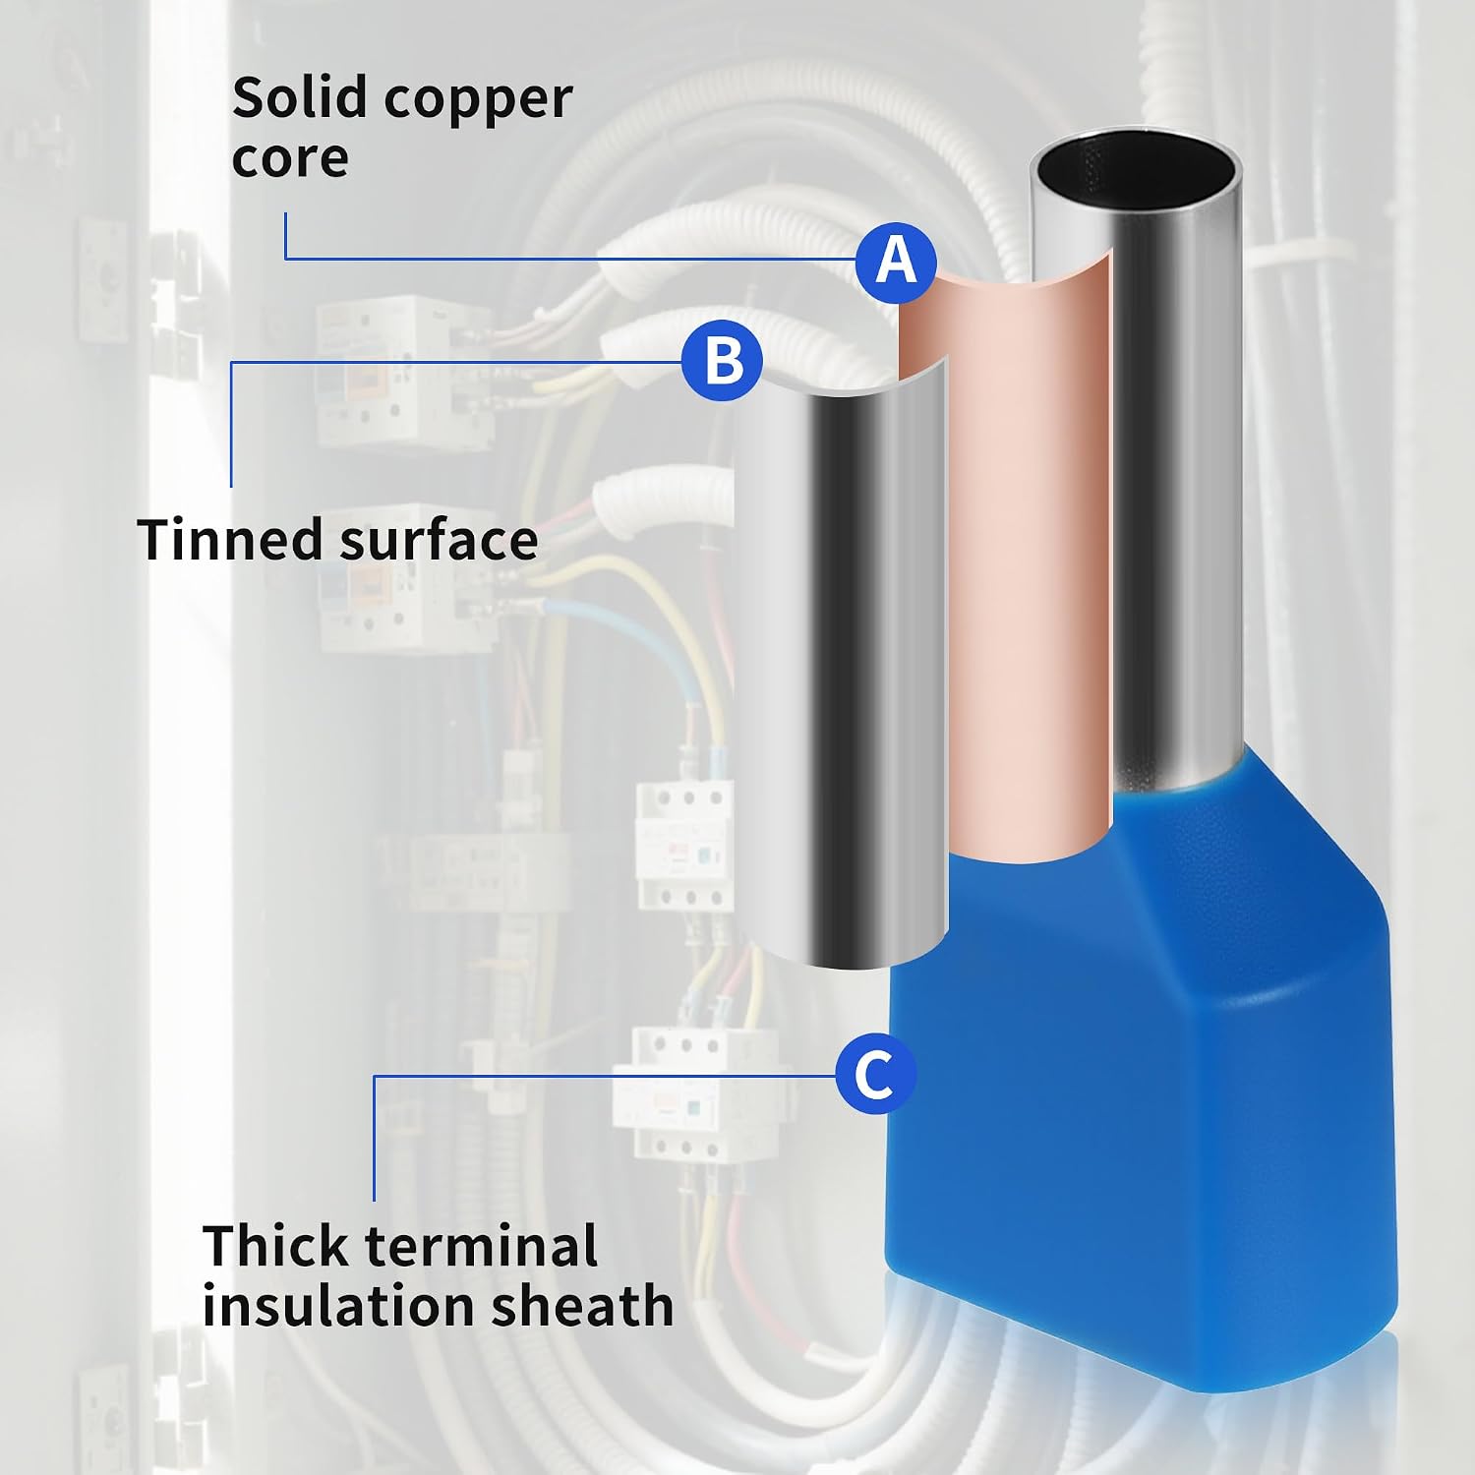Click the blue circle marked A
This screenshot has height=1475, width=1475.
point(896,262)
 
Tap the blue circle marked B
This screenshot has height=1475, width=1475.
point(722,361)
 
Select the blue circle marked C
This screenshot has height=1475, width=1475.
point(875,1074)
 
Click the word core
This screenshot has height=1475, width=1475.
point(290,158)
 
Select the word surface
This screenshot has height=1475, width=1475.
point(439,539)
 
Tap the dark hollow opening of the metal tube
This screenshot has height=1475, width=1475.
point(1135,171)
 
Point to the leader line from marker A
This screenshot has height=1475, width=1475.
point(570,259)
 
